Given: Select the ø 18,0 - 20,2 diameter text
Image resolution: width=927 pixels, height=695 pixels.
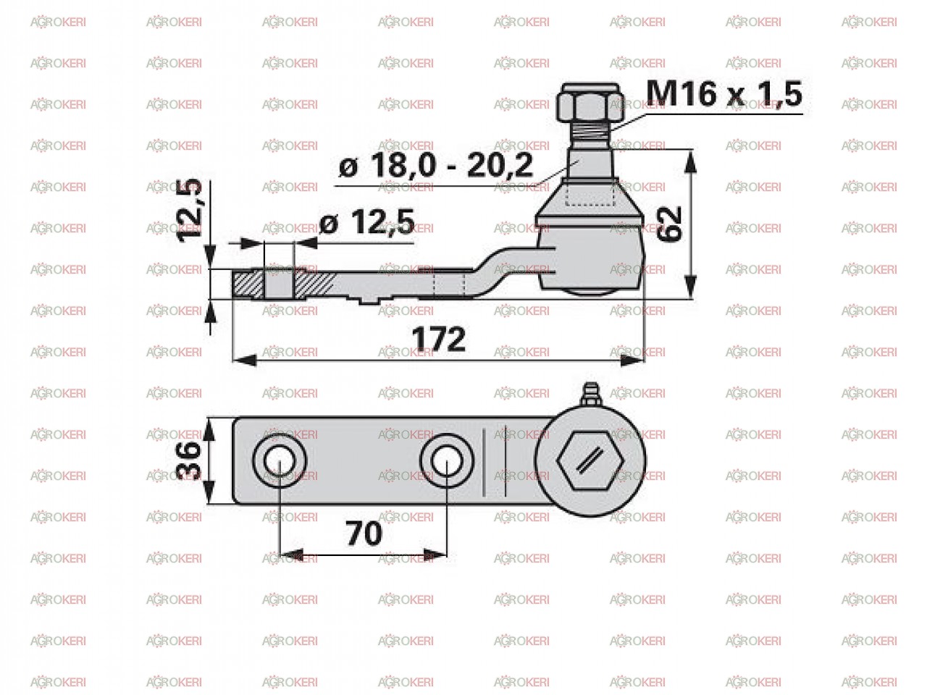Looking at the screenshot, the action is coord(436,165).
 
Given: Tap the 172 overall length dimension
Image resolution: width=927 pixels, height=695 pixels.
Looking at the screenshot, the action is coord(438,339).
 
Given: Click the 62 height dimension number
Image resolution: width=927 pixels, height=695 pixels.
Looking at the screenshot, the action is coord(669,224).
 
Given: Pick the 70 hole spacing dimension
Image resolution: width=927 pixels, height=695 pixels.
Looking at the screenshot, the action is coord(364,534).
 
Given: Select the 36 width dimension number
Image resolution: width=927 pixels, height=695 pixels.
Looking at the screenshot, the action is coord(188,460).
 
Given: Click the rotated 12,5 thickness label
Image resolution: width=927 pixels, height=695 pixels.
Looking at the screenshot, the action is coord(189,211).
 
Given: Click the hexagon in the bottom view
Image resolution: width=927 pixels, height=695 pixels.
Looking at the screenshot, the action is coord(590,460).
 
